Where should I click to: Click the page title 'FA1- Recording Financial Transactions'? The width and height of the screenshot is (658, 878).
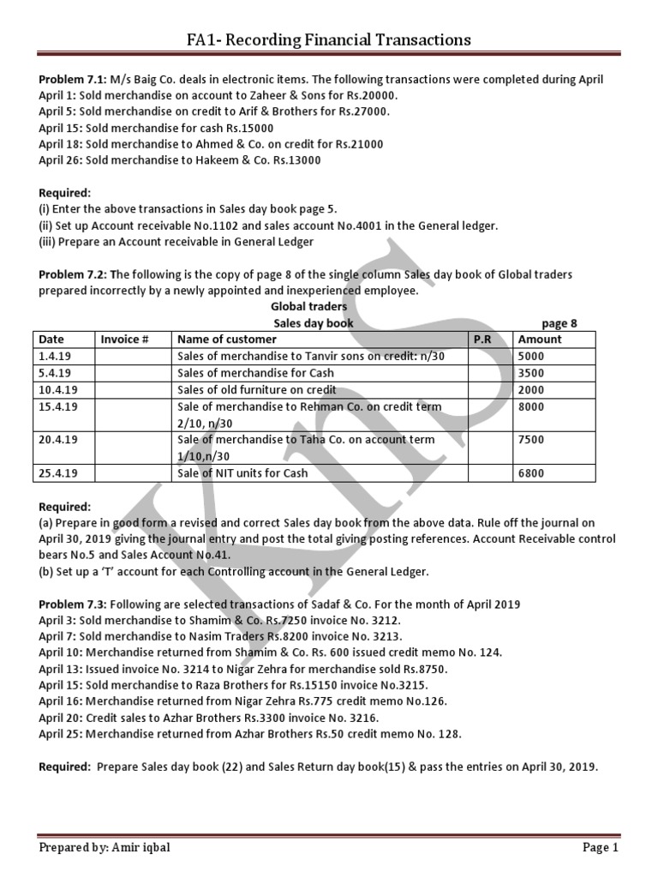click(x=329, y=39)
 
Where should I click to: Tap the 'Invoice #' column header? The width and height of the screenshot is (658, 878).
click(x=125, y=340)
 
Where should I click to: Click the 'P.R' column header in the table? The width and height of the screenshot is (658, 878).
click(x=482, y=340)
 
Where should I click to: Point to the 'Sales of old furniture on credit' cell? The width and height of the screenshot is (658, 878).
click(x=255, y=389)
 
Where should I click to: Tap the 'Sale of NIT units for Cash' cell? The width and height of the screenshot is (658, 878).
click(x=242, y=472)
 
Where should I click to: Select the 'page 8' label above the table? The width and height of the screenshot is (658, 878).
click(x=559, y=323)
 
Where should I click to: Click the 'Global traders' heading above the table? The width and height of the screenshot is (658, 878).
click(x=309, y=306)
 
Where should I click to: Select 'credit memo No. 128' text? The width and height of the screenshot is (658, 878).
click(x=401, y=734)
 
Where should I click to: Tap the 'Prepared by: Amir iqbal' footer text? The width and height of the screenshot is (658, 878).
click(x=108, y=848)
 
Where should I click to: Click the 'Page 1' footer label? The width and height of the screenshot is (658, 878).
click(x=600, y=848)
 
